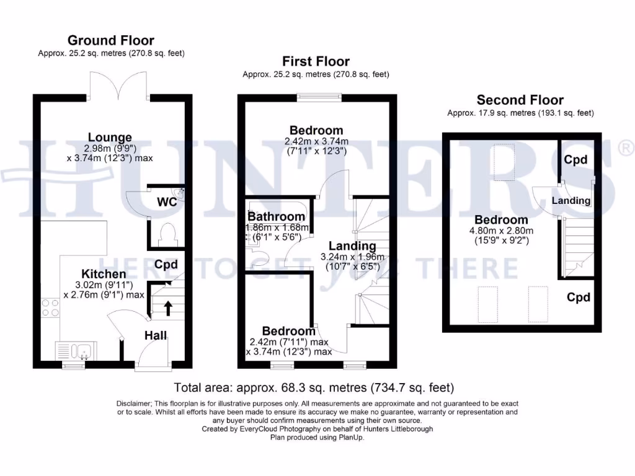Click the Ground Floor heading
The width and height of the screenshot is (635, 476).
point(111,41)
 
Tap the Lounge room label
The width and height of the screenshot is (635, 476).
point(110,138)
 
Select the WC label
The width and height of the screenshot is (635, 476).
point(167,202)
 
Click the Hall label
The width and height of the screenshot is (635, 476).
point(156,335)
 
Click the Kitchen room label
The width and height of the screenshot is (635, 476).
point(104,274)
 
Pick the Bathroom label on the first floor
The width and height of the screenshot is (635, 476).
point(277,217)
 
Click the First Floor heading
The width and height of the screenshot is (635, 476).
point(316,61)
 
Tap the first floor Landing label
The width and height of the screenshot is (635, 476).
point(352,246)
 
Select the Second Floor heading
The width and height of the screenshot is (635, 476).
point(520,100)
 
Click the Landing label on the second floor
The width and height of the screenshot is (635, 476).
point(571,201)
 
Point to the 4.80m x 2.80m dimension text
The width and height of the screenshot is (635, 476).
point(501,231)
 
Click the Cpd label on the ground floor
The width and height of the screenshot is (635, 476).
point(166,265)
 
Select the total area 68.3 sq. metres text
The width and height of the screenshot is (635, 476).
point(314,388)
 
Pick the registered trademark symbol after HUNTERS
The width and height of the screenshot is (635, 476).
point(626,148)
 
